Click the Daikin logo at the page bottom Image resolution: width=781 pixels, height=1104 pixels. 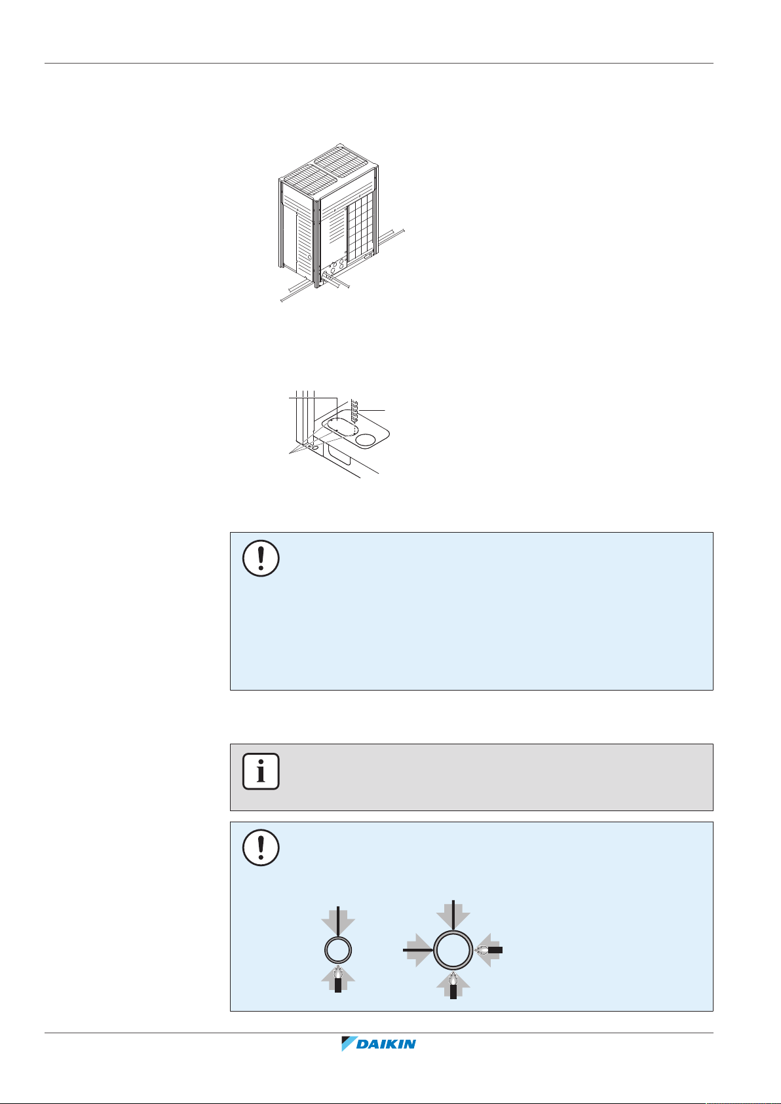click(379, 1044)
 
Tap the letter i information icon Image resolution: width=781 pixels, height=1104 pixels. click(261, 771)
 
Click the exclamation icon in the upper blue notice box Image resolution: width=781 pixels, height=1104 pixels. click(261, 559)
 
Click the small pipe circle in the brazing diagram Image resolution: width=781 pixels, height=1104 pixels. click(338, 949)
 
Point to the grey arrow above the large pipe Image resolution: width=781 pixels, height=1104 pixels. click(453, 914)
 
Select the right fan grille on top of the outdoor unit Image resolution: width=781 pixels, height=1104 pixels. click(342, 159)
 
